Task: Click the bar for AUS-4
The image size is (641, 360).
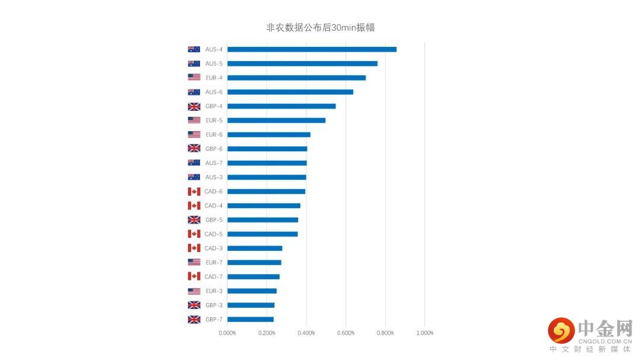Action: [312, 49]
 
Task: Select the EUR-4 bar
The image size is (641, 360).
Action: [296, 78]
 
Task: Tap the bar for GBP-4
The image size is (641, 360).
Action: [281, 106]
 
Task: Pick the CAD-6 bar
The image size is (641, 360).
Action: [266, 192]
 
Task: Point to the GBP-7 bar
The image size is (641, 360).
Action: [250, 320]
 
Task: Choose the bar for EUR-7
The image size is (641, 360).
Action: [254, 263]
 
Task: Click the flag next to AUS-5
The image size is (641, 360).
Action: [194, 63]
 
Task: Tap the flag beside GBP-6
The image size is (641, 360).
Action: [194, 149]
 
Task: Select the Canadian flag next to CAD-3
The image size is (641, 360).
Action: [194, 249]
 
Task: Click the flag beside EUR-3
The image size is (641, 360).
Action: [194, 291]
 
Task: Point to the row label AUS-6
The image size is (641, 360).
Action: [214, 92]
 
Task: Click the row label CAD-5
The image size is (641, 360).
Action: [214, 234]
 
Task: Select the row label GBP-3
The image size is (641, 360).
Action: [214, 305]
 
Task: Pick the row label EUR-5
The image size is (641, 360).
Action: [214, 120]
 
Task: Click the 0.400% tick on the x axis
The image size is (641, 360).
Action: [306, 333]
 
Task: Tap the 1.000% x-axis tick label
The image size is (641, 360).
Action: [424, 333]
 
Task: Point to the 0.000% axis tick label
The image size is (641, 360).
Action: [227, 333]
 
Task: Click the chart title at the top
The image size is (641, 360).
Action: [320, 27]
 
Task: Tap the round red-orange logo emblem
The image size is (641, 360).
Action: [561, 331]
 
